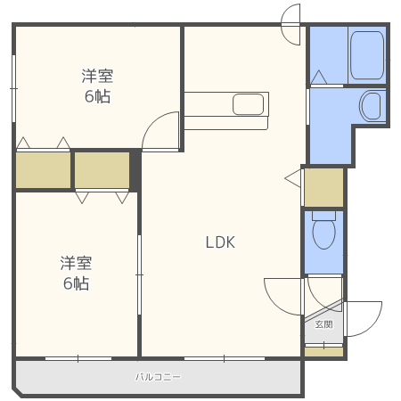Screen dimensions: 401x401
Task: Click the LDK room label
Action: [x=219, y=241]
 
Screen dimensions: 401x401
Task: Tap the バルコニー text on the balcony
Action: [x=159, y=377]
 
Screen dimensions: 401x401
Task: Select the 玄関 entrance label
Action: [x=323, y=325]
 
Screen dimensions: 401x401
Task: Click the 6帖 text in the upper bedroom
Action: [x=98, y=96]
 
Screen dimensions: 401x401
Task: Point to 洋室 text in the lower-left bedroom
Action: [x=76, y=263]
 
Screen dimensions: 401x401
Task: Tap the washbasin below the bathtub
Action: [x=371, y=106]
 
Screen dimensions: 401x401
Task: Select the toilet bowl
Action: [x=323, y=234]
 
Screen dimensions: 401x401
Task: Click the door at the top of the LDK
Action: [x=291, y=24]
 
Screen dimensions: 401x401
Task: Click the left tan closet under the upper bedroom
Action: [x=43, y=169]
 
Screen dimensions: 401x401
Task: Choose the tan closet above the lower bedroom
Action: [x=102, y=169]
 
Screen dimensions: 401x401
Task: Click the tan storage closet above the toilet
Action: [x=323, y=186]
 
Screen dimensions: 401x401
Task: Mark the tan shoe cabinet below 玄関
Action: [x=323, y=351]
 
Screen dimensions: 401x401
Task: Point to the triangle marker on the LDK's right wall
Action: [x=293, y=179]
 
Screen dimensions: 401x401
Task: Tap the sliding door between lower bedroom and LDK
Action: [x=139, y=274]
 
